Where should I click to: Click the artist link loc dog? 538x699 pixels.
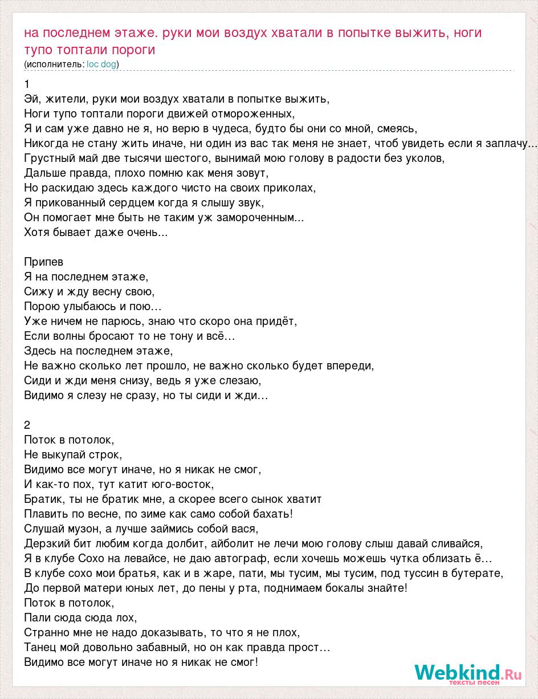coord(101,64)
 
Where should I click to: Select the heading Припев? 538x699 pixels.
coord(44,262)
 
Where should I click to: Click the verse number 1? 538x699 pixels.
coord(27,84)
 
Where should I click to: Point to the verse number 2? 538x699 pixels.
coord(27,425)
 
